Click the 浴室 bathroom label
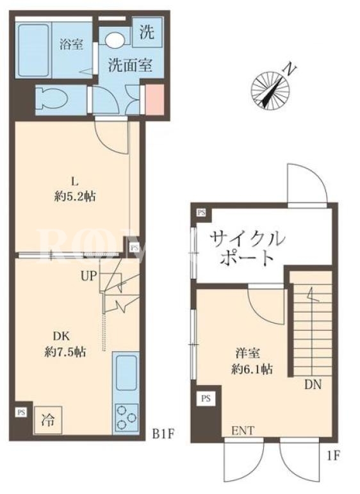(x=72, y=44)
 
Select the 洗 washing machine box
(x=147, y=31)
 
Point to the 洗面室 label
(x=131, y=65)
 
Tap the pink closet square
(x=154, y=100)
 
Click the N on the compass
(x=290, y=69)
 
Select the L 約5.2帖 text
(x=75, y=190)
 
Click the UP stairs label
(x=88, y=276)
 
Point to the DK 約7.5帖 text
(x=65, y=344)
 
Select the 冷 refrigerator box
(x=48, y=420)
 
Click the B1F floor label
(x=163, y=435)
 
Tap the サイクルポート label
(x=247, y=248)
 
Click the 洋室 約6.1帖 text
(x=252, y=361)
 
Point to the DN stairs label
(x=313, y=384)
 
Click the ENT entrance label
(x=243, y=431)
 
